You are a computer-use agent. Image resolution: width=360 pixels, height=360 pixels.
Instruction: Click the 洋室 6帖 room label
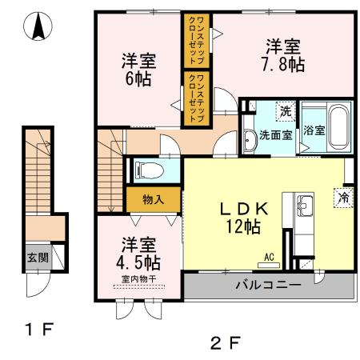(138, 69)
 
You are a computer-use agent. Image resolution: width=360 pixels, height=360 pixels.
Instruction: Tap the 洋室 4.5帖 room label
(139, 252)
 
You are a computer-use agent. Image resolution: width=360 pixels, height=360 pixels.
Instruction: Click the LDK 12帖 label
(240, 217)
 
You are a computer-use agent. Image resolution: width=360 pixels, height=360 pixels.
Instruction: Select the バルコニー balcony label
(268, 285)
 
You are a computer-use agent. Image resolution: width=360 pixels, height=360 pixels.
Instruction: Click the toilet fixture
(148, 170)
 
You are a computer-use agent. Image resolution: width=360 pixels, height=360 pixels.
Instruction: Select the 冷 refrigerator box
(343, 197)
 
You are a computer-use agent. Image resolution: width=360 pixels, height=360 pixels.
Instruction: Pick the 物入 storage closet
(153, 198)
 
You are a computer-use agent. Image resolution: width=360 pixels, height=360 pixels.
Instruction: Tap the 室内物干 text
(138, 278)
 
